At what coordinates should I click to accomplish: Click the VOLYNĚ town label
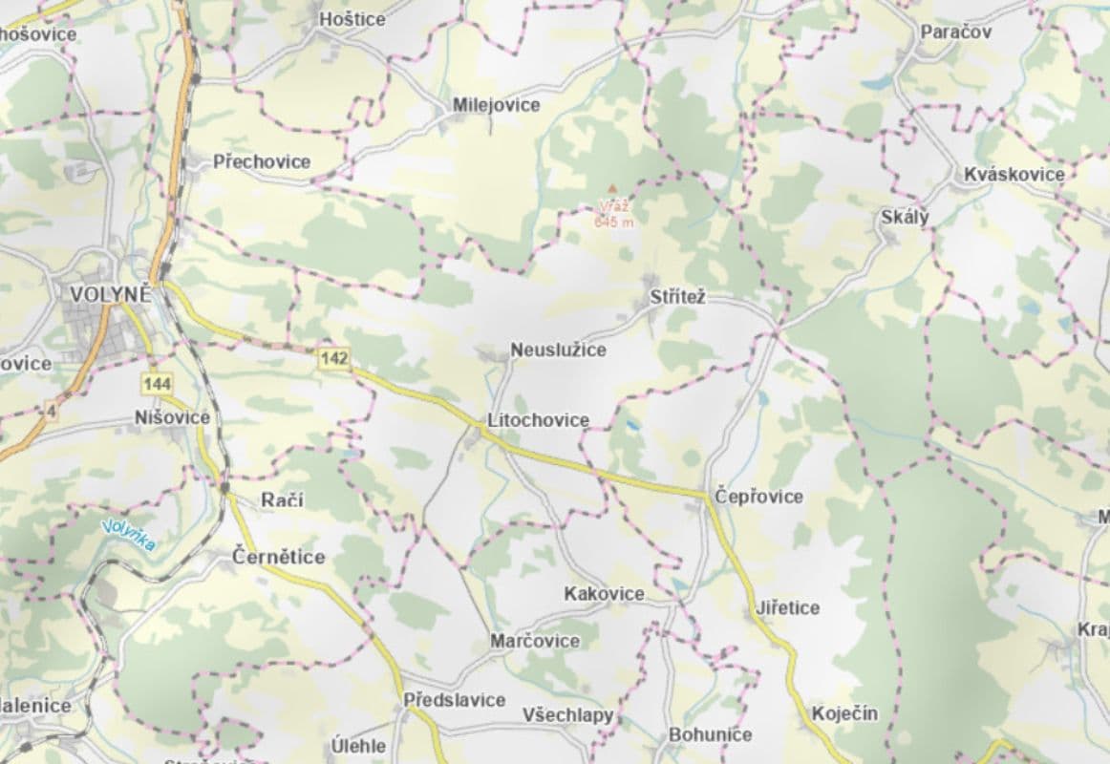[109, 294]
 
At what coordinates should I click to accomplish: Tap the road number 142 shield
[335, 358]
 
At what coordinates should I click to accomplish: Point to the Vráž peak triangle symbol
[613, 189]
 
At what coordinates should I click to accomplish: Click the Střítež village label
[677, 298]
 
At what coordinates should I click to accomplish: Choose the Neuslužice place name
[558, 350]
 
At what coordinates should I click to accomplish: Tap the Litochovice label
[538, 420]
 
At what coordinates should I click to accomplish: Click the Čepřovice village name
[759, 497]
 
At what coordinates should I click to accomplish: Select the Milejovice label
[497, 105]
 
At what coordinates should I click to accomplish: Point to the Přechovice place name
[262, 161]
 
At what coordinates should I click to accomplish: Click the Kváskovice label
[1014, 174]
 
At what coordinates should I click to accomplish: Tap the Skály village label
[904, 218]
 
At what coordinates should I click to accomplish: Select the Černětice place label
[279, 557]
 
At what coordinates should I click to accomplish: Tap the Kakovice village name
[604, 594]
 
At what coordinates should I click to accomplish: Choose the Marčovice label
[535, 641]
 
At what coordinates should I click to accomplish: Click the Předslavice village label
[455, 700]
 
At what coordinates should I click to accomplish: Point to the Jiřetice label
[787, 607]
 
